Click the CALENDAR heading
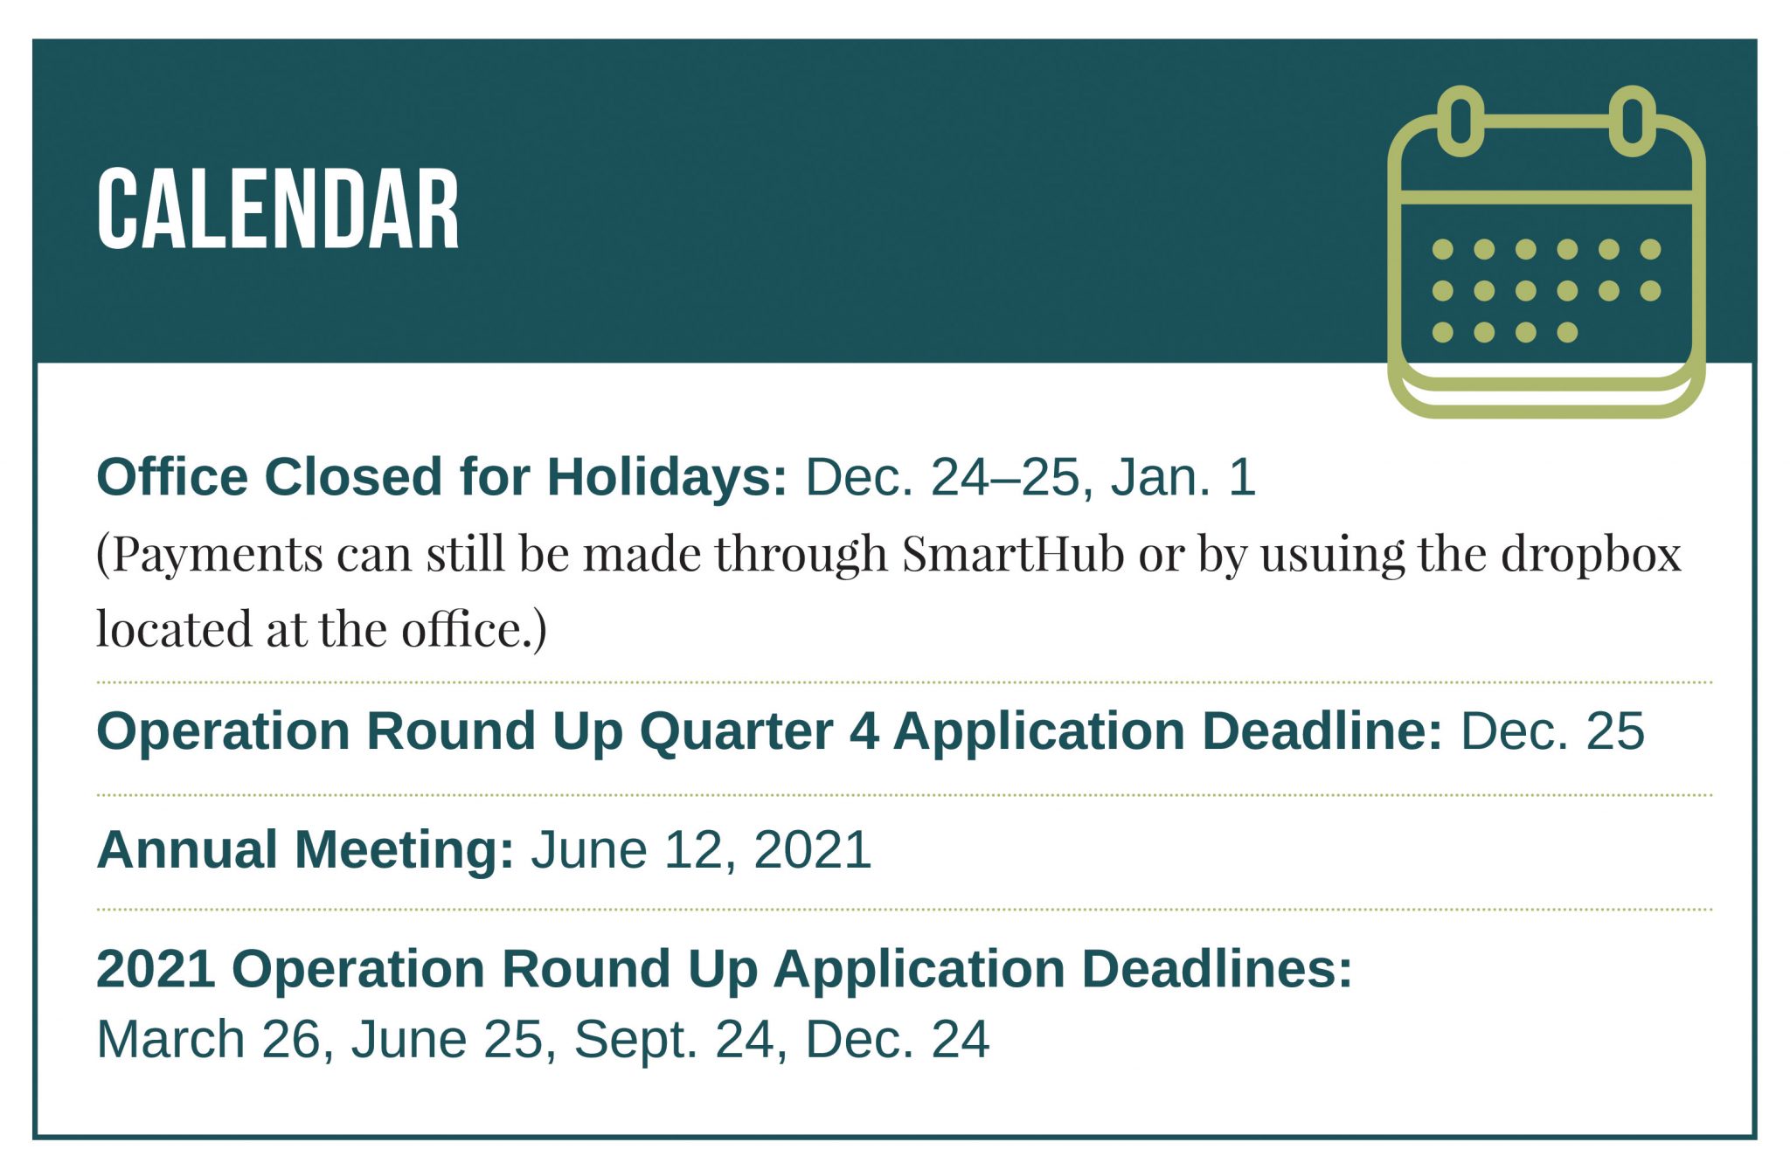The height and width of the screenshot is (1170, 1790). tap(278, 210)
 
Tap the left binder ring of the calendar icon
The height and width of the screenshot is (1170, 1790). tap(1460, 121)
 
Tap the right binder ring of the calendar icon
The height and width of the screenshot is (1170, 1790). tap(1632, 121)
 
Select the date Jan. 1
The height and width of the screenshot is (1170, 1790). tap(1183, 477)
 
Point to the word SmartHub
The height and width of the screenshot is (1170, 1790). tap(1012, 553)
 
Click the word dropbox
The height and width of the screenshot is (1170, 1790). tap(1591, 555)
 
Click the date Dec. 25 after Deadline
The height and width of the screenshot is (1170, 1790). tap(1553, 731)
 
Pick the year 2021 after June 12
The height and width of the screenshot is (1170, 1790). tap(813, 850)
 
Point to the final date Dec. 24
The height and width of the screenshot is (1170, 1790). tap(897, 1040)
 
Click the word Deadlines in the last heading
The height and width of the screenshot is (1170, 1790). tap(1217, 969)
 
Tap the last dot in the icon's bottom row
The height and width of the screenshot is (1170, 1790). tap(1567, 332)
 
